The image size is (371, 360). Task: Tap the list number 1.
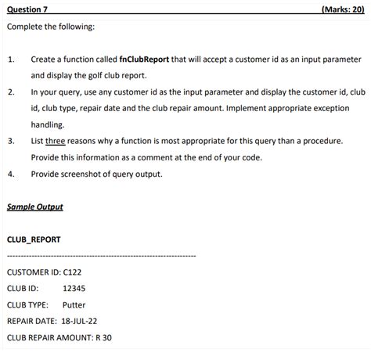tap(11, 59)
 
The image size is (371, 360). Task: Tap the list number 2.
tap(11, 92)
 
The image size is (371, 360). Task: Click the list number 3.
tap(11, 141)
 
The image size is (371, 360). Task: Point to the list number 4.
tap(11, 174)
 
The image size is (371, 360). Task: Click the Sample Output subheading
tap(34, 207)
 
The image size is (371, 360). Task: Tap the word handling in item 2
tap(48, 124)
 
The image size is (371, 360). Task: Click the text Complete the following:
tap(51, 27)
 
